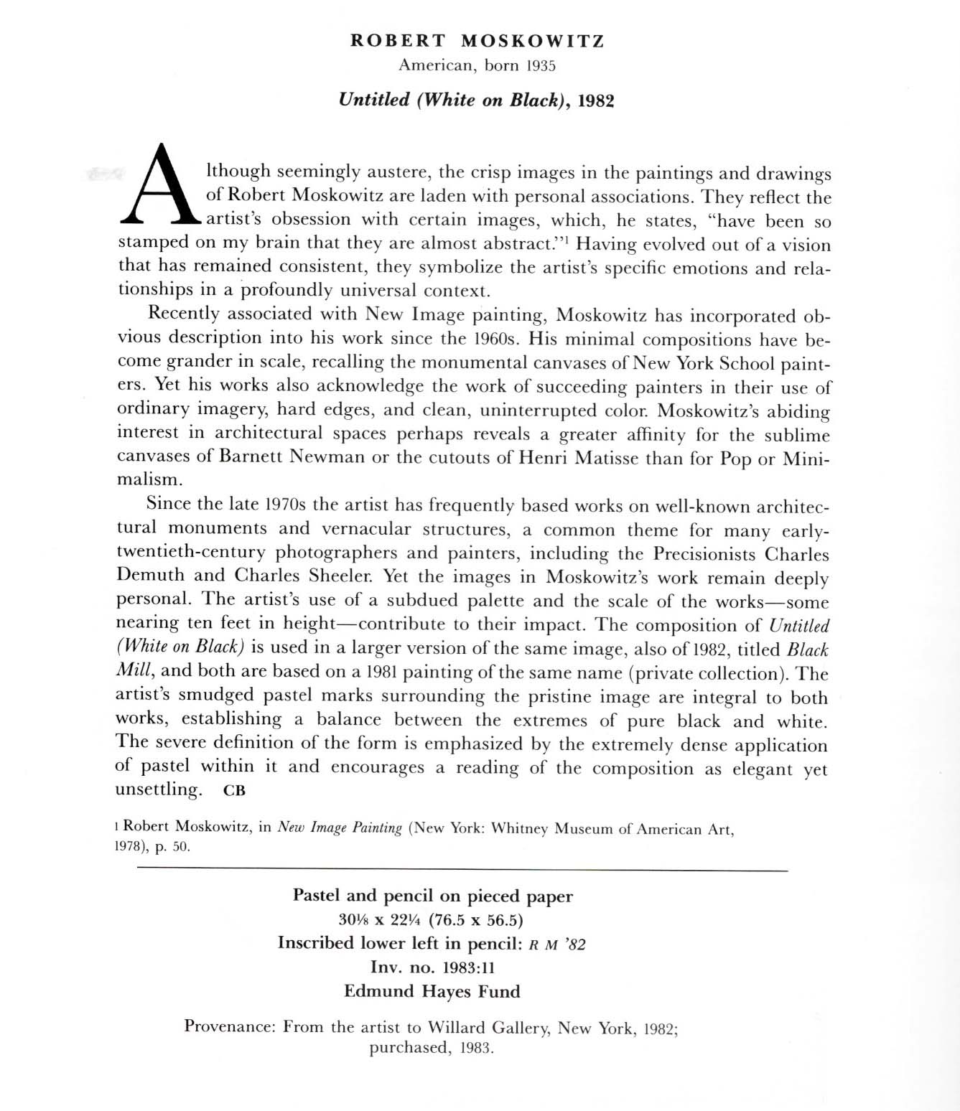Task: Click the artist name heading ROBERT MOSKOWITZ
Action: click(477, 41)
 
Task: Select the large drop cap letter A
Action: click(159, 184)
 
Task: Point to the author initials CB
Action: click(234, 791)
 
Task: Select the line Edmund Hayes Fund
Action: click(432, 991)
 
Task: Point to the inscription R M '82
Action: click(556, 944)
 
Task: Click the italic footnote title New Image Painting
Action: click(340, 828)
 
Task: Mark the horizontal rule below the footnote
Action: click(462, 870)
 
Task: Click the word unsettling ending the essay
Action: click(158, 789)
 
